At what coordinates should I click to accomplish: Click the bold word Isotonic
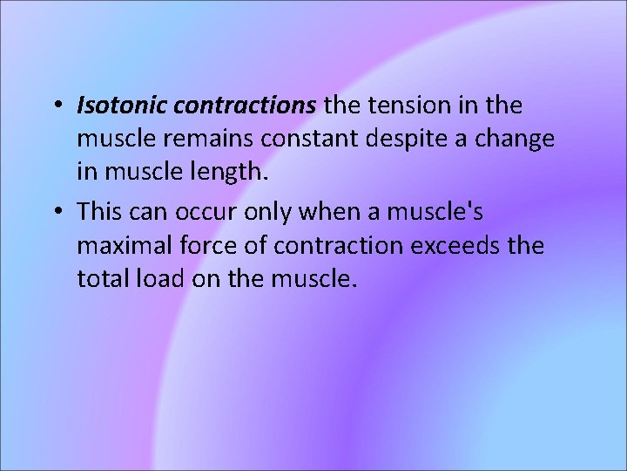(x=122, y=106)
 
